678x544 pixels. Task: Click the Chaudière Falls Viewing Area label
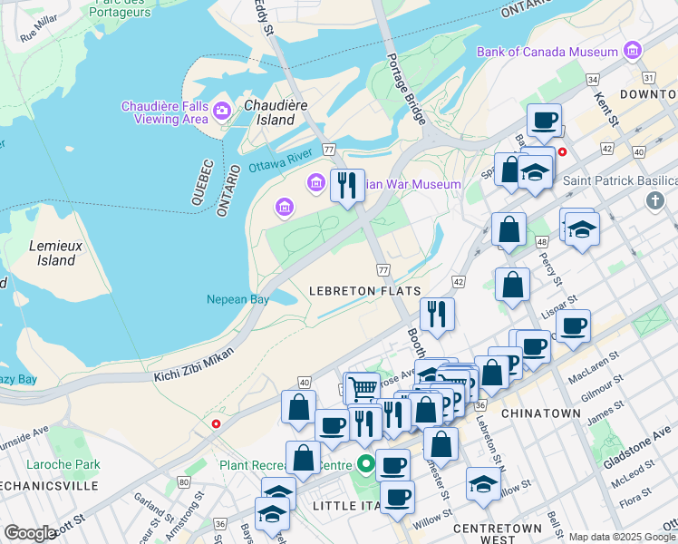[x=164, y=112]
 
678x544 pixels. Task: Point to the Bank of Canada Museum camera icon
[x=632, y=51]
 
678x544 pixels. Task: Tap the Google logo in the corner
[x=30, y=533]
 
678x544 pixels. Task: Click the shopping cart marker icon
[x=363, y=388]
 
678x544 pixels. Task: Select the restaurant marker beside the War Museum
[x=347, y=185]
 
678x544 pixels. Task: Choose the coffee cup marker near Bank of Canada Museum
[x=545, y=120]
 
